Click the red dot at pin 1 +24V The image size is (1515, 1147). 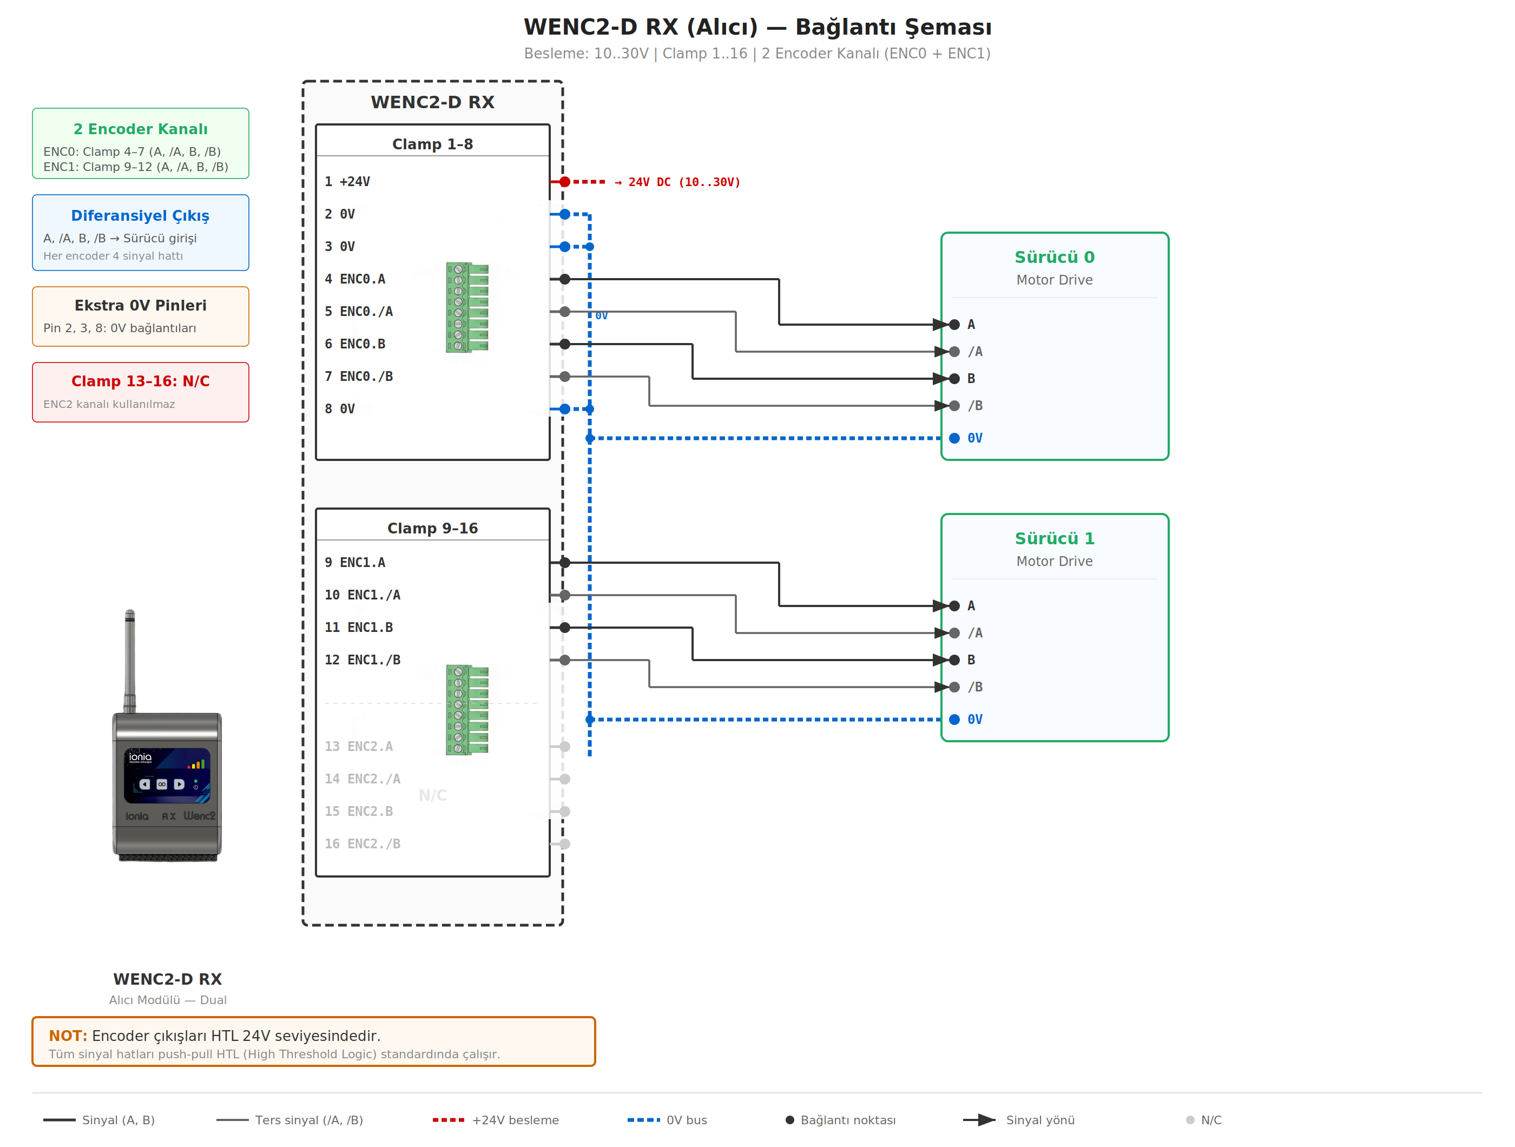coord(564,182)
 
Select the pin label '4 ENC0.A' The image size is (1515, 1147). coord(355,279)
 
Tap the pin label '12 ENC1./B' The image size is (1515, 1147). coord(363,660)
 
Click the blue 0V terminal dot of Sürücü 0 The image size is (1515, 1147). coord(954,438)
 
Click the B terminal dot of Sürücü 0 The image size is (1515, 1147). coord(954,379)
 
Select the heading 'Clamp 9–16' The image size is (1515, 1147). coord(432,529)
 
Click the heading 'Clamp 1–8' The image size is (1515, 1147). coord(432,144)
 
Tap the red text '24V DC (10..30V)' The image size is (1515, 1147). coord(683,183)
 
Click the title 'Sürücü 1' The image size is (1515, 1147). coord(1054,539)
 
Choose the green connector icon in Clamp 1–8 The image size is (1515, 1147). coord(467,307)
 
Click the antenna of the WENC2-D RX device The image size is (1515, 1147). coord(129,657)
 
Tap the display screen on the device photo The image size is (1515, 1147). coord(167,775)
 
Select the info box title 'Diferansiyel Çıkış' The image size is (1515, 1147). coord(140,216)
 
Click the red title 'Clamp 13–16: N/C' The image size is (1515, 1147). coord(140,381)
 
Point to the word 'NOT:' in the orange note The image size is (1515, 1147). coord(68,1036)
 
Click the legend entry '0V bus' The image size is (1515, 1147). coord(686,1120)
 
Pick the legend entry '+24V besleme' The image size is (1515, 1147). coord(515,1120)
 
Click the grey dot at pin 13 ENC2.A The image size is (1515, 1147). coord(564,747)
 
